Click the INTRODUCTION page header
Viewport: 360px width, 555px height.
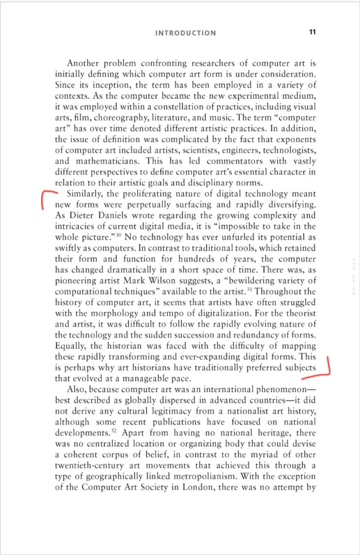point(186,33)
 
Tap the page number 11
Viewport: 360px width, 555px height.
point(312,32)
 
